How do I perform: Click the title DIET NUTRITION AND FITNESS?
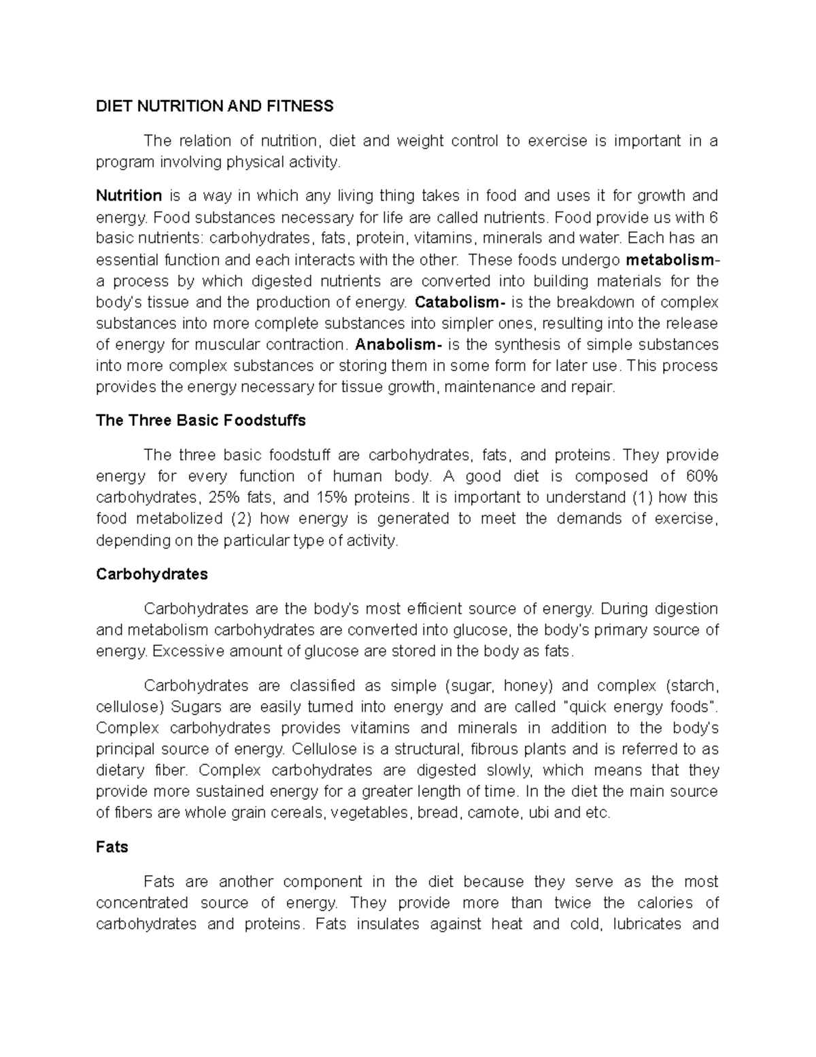point(215,106)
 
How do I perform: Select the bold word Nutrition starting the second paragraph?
point(129,196)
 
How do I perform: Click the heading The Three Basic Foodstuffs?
point(201,421)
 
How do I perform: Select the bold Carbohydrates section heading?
point(152,574)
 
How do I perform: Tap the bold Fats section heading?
point(112,847)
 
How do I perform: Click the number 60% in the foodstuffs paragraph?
point(700,476)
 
